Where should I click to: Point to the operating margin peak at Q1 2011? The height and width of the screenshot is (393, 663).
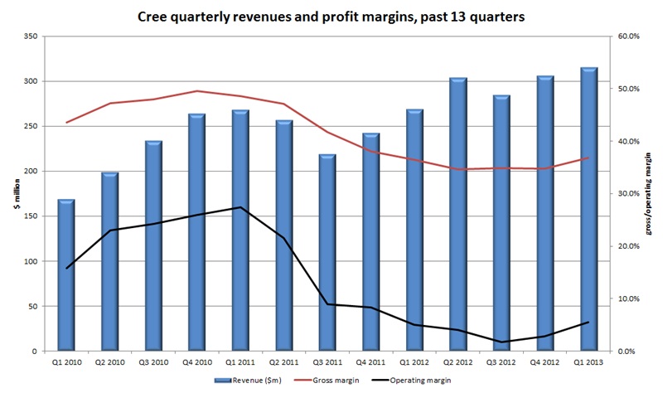click(x=240, y=207)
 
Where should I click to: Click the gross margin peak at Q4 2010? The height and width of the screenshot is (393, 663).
click(x=197, y=91)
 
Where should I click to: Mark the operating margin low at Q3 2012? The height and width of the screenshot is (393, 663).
click(x=502, y=342)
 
